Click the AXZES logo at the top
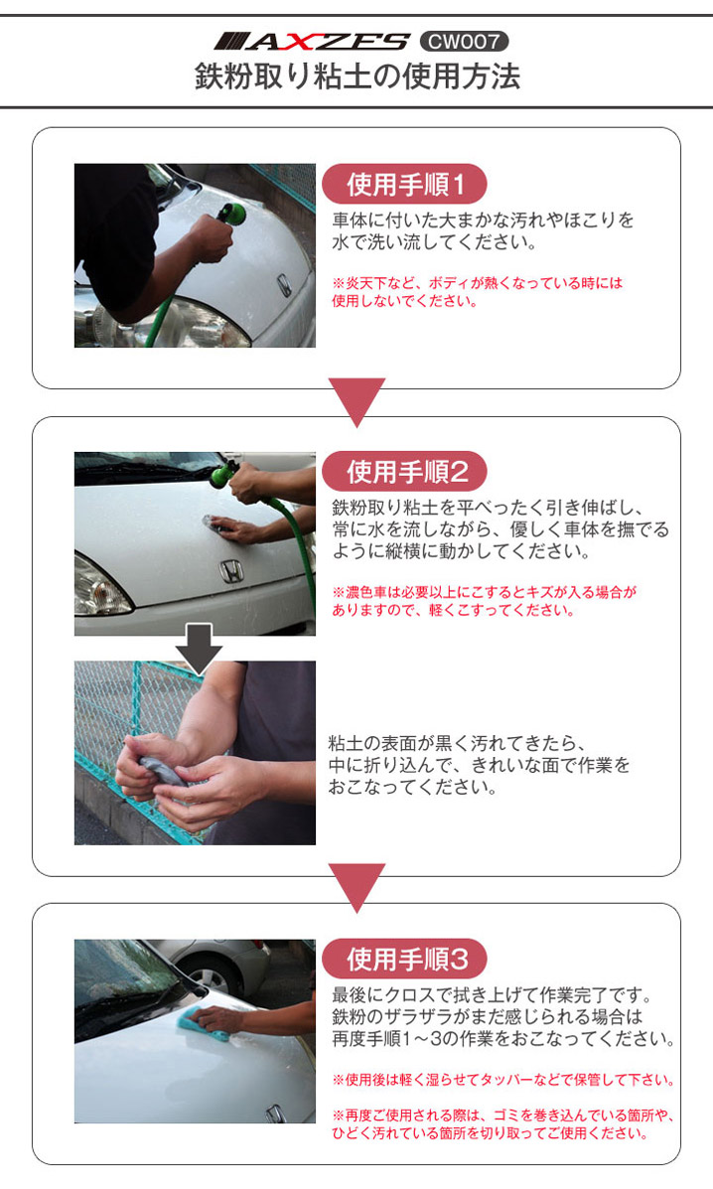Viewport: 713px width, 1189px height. point(312,41)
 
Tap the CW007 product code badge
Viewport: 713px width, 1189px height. point(464,41)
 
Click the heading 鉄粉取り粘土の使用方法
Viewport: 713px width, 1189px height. point(356,76)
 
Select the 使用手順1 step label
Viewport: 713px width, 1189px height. point(404,185)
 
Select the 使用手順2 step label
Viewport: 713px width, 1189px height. point(404,472)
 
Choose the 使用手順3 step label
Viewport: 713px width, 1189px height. point(404,960)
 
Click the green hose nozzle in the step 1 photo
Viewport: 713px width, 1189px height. point(230,213)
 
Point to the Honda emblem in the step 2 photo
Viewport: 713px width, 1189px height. point(231,571)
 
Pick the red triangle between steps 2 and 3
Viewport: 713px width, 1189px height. point(356,887)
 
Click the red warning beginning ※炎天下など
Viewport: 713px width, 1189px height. point(478,292)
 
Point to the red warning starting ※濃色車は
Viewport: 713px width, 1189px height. point(485,601)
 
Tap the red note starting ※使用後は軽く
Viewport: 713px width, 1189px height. point(503,1080)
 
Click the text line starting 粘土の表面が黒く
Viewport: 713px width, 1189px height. point(457,743)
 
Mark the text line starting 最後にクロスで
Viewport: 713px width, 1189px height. point(492,995)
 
